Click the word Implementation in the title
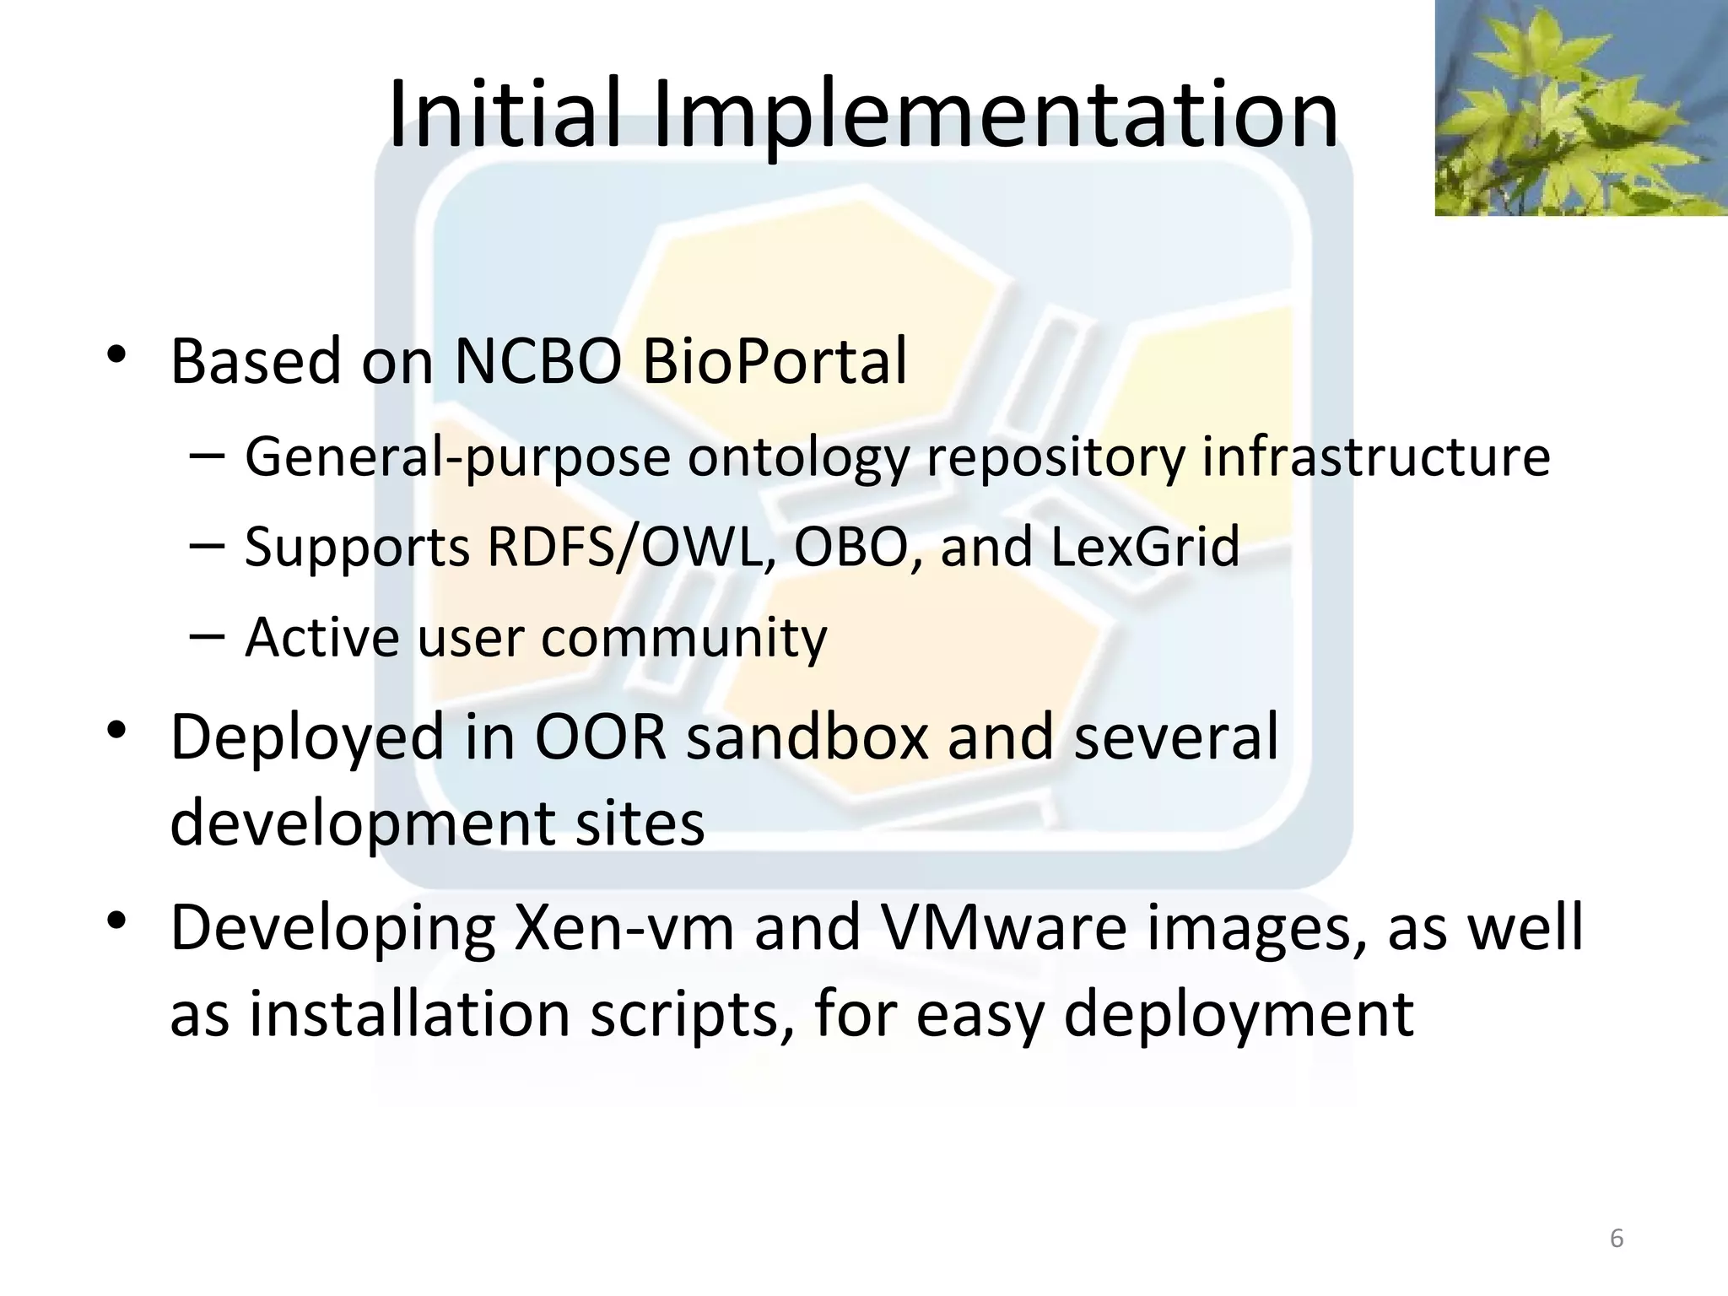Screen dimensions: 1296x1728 click(996, 114)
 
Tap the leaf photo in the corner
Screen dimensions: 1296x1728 click(1580, 107)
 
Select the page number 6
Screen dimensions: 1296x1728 click(1616, 1239)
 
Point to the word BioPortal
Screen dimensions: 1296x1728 click(774, 361)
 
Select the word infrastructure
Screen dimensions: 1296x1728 click(1375, 456)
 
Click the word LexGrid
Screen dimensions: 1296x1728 click(1145, 547)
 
